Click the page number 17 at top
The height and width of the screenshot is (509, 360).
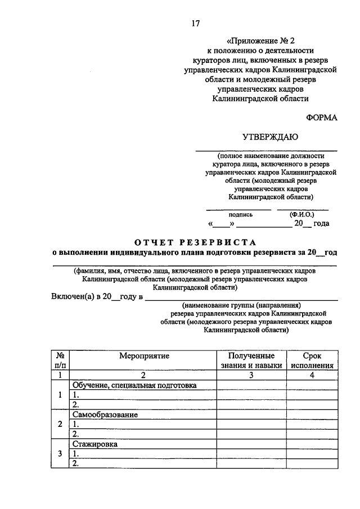[195, 24]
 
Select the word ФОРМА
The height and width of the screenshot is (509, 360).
[322, 117]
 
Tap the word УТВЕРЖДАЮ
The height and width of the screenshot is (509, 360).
[271, 136]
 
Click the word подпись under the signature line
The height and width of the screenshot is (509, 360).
[240, 214]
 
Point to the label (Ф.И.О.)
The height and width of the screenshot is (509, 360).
[302, 214]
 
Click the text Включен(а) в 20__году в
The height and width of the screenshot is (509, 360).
[97, 296]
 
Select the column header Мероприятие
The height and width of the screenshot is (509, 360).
[143, 355]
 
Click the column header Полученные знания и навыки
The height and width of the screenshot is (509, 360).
[251, 361]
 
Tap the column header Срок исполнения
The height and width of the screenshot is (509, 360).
[312, 361]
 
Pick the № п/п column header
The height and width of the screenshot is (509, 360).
[60, 361]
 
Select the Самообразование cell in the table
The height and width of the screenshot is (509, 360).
[105, 415]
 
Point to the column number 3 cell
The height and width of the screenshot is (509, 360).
[251, 375]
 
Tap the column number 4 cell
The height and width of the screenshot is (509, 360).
[312, 375]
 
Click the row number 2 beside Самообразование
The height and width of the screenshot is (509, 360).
[60, 424]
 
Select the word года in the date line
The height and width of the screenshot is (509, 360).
[321, 223]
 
